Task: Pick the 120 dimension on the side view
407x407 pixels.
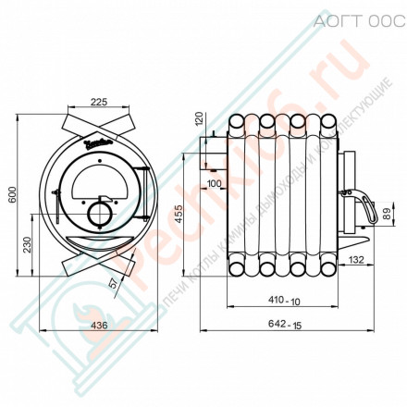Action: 197,119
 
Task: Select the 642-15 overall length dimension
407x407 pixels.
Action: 285,325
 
